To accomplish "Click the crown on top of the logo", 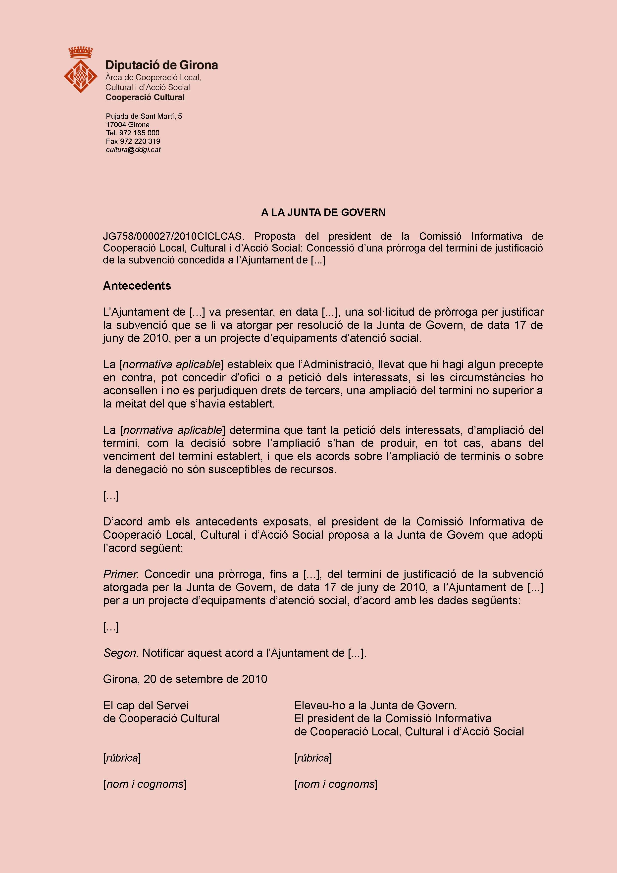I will tap(81, 52).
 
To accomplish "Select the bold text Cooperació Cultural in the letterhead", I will tap(145, 97).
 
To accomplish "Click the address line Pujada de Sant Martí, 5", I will tap(144, 116).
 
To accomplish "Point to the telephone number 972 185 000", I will tap(139, 133).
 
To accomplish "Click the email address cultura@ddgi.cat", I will tap(133, 150).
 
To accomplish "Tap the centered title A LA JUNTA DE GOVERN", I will tap(323, 212).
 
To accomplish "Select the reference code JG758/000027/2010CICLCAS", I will tap(172, 236).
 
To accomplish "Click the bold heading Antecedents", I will tap(137, 286).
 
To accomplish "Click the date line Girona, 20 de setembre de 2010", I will tap(185, 679).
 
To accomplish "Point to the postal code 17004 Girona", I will tap(128, 125).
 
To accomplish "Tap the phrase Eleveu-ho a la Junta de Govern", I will tap(375, 705).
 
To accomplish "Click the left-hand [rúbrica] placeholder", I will tap(122, 758).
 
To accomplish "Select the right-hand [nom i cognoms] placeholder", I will tap(336, 784).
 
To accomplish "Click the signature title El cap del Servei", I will tap(146, 705).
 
